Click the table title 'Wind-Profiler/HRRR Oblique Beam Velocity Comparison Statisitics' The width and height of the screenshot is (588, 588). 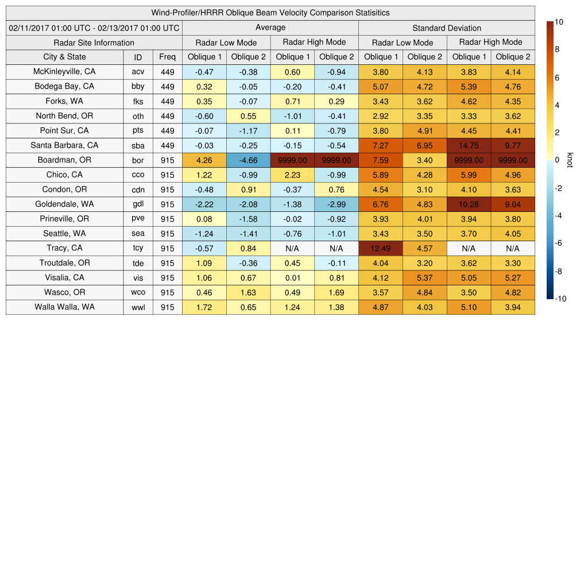(270, 13)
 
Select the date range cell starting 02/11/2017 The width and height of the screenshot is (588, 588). (94, 28)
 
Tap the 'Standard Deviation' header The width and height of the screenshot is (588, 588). (447, 28)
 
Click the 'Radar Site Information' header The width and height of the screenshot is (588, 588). (94, 42)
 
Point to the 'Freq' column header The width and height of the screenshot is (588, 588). (167, 57)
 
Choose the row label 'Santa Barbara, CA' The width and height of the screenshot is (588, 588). (64, 145)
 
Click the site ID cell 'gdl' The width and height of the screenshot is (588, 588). (138, 204)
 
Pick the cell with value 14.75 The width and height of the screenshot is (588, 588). (469, 145)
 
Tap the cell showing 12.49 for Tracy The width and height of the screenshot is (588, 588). (380, 248)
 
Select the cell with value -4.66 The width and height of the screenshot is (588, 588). (248, 160)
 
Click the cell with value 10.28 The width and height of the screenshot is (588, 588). (469, 204)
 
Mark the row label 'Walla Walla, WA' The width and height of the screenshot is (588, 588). (64, 307)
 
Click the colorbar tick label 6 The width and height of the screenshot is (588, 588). (558, 78)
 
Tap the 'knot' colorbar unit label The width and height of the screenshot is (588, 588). (570, 160)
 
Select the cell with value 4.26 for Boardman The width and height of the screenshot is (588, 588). (204, 160)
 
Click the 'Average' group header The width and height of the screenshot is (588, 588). (270, 28)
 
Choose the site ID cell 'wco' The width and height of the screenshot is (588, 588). (138, 292)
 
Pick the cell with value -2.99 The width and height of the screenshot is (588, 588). (336, 204)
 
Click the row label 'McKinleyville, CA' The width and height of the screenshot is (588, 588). (64, 72)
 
